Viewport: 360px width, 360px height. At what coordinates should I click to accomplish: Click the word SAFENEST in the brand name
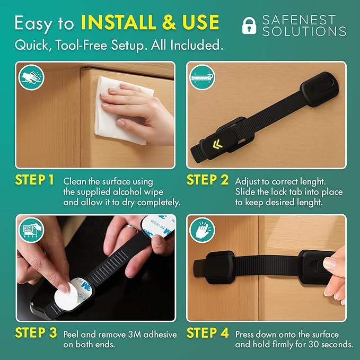click(299, 20)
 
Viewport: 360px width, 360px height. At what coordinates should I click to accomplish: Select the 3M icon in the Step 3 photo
click(31, 231)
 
